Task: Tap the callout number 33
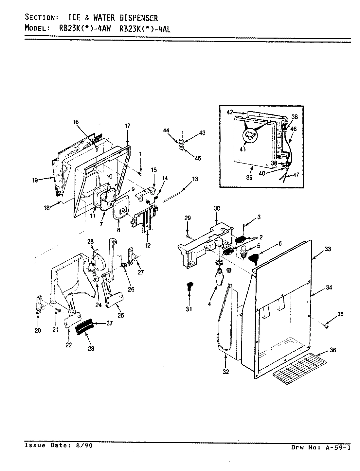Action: click(328, 249)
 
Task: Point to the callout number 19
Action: click(35, 179)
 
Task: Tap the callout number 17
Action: click(128, 125)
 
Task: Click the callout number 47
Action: click(297, 175)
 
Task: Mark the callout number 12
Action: click(148, 245)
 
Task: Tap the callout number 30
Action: click(217, 208)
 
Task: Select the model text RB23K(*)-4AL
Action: click(144, 28)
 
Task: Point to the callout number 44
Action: click(166, 131)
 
